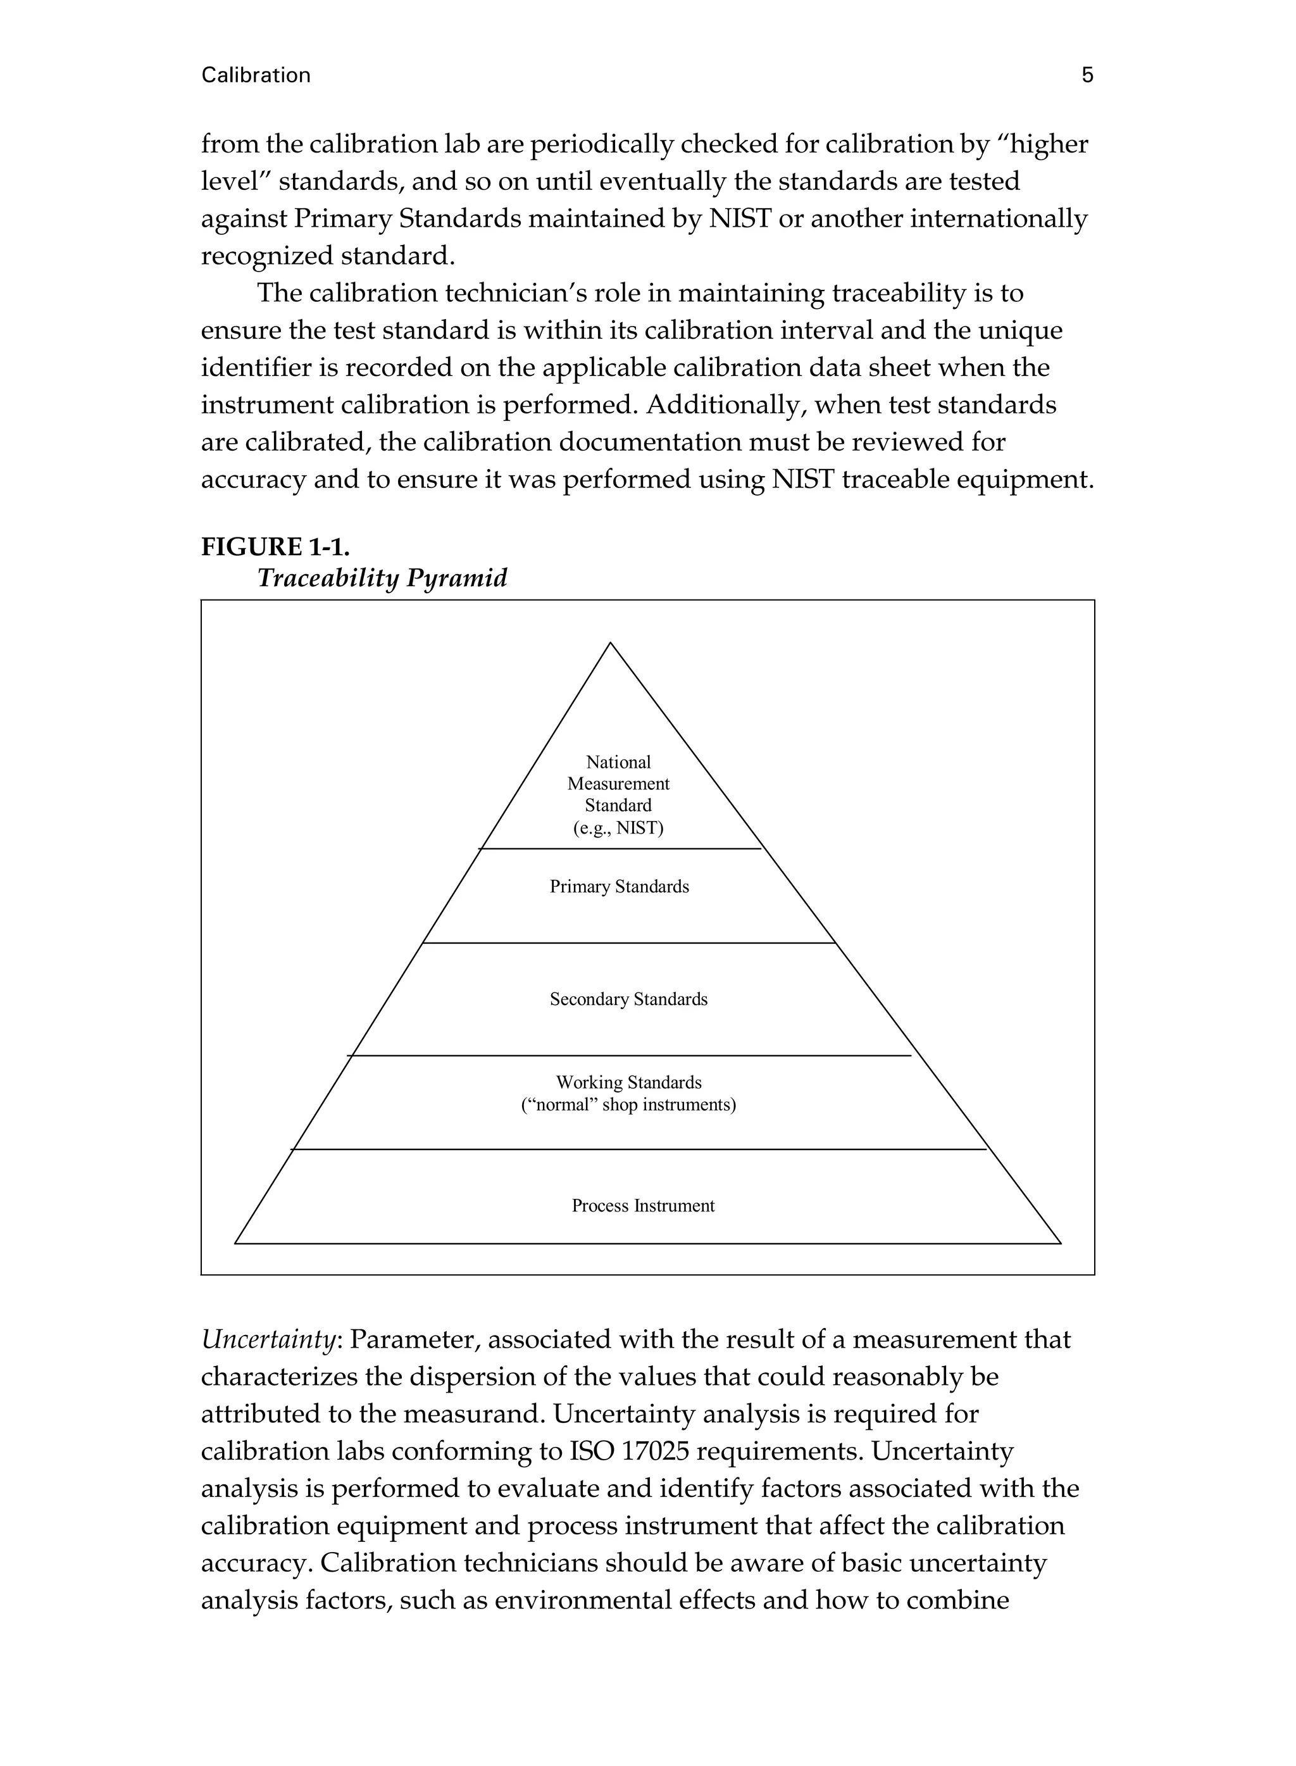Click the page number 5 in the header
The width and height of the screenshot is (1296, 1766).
click(1087, 75)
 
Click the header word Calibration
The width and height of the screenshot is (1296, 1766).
click(256, 75)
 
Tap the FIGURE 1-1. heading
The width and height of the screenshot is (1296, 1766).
click(275, 546)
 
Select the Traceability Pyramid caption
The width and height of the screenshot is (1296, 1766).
click(382, 578)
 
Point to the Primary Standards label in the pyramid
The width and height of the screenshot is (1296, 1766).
click(619, 887)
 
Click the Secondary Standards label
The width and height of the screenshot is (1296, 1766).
click(628, 999)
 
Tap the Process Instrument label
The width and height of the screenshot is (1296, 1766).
click(642, 1205)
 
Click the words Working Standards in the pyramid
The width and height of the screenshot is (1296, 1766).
click(628, 1082)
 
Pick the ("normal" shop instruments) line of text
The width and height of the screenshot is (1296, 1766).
click(628, 1105)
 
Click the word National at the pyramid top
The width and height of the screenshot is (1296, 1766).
click(618, 762)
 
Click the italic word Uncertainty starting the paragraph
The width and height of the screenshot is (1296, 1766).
click(268, 1339)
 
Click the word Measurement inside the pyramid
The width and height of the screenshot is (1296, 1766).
click(618, 784)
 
